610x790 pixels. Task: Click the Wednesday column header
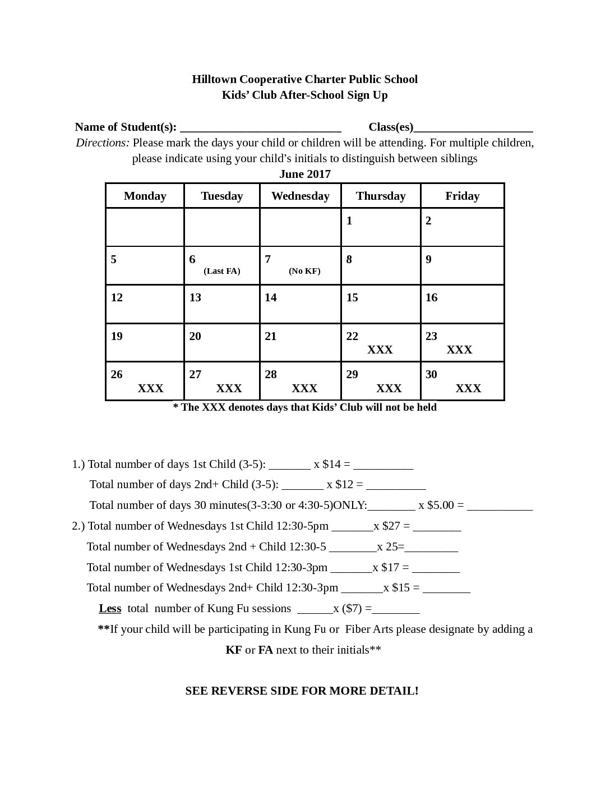300,196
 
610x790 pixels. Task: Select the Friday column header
462,196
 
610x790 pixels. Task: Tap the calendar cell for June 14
300,304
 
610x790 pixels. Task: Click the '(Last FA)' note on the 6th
221,271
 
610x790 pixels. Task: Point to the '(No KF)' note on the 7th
304,271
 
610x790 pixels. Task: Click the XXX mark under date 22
380,350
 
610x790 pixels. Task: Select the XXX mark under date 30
468,388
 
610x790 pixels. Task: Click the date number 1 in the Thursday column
349,221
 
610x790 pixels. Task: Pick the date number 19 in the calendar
117,336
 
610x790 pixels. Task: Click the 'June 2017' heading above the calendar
305,174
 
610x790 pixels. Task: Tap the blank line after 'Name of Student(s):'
261,127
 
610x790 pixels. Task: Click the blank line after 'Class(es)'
473,127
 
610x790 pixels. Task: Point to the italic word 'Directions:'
103,143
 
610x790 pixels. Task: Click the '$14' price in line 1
331,464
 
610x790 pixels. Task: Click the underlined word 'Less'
110,608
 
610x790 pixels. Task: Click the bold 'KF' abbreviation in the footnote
234,650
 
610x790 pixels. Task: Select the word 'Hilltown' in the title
214,79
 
